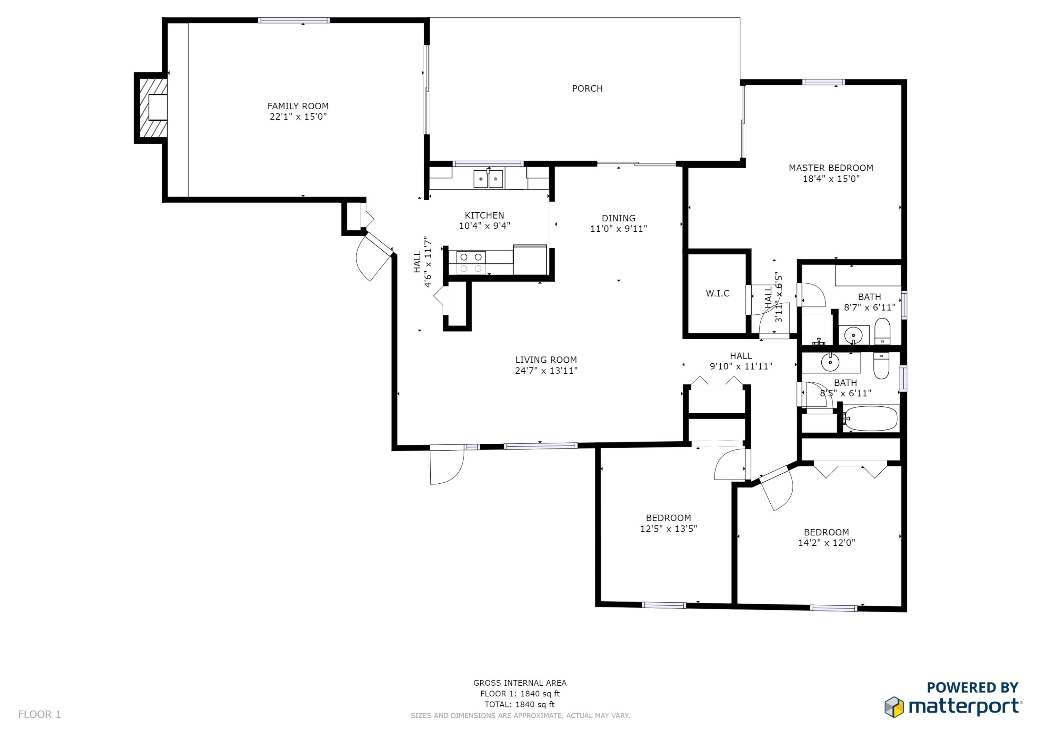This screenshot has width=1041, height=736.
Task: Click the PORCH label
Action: pos(587,88)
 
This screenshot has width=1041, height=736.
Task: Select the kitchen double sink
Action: pos(488,179)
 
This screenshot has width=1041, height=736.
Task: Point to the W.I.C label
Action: pos(718,294)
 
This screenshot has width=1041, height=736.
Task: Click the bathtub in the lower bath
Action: pos(871,418)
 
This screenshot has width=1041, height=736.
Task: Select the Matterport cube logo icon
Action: pos(894,707)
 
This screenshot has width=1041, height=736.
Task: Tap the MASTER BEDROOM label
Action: pos(831,168)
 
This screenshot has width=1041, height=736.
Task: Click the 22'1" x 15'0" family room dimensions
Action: pos(298,117)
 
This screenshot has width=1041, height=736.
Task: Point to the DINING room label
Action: pos(618,218)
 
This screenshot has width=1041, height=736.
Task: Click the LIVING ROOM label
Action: pos(546,359)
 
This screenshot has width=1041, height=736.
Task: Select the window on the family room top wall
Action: pos(294,20)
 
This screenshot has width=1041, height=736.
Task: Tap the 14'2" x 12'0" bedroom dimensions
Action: pos(827,542)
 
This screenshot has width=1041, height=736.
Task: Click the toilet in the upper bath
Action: pos(882,331)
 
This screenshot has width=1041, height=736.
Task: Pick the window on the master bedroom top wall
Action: pos(823,82)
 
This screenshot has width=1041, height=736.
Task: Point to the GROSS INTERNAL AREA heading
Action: pos(519,683)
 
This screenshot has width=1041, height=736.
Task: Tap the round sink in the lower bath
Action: pos(830,363)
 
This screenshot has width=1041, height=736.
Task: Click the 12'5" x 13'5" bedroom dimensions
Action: pos(668,528)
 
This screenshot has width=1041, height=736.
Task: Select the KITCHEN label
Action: pos(484,215)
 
